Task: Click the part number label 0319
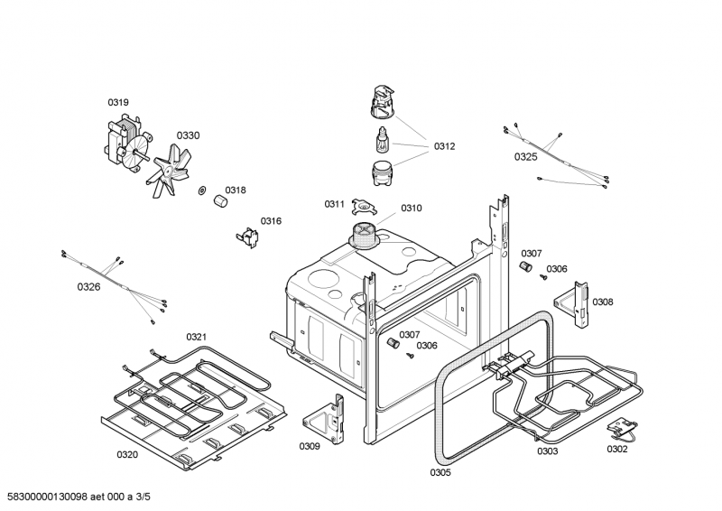pos(118,102)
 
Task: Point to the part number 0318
pos(236,190)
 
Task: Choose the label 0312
pos(444,145)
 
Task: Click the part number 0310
pos(411,209)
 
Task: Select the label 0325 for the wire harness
pos(525,156)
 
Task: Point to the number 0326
pos(88,287)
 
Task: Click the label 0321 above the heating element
pos(197,337)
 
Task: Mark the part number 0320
pos(127,454)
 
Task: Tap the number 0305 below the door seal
pos(440,472)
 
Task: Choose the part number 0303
pos(547,451)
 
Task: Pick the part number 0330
pos(188,135)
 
